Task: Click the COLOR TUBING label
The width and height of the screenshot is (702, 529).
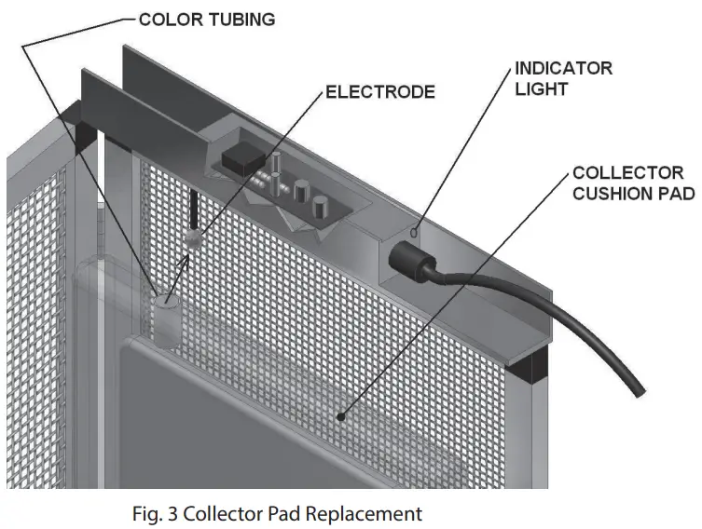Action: pos(207,20)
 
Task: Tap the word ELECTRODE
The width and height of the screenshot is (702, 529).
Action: pos(379,92)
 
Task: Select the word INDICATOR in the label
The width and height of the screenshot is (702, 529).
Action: pos(563,69)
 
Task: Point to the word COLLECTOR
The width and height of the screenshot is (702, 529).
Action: pos(627,173)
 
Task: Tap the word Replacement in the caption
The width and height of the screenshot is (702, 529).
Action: pos(365,513)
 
